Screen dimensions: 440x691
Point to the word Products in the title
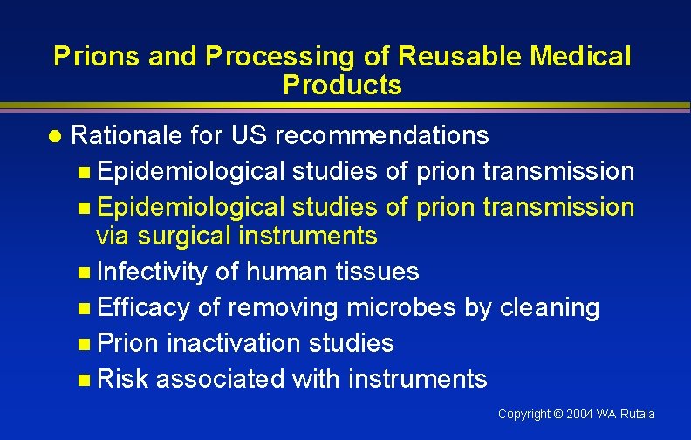point(342,86)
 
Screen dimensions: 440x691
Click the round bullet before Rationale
point(55,136)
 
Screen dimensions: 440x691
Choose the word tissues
point(377,272)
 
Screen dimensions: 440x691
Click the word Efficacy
point(143,307)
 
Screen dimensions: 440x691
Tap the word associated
point(220,379)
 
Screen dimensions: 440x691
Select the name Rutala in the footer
point(636,414)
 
